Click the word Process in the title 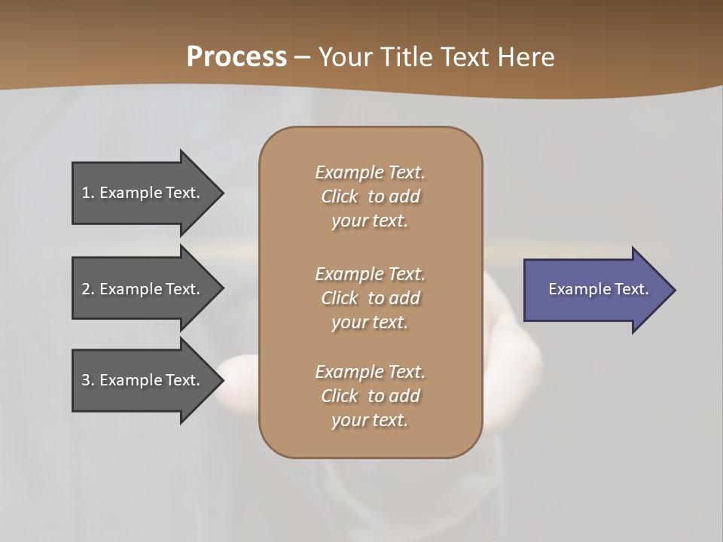(x=236, y=57)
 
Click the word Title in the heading (x=407, y=57)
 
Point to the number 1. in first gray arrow (x=88, y=193)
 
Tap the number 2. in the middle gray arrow (x=88, y=289)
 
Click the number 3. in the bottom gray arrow (x=88, y=380)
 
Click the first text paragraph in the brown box (x=370, y=196)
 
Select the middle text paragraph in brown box (x=370, y=297)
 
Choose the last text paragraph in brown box (x=370, y=396)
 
